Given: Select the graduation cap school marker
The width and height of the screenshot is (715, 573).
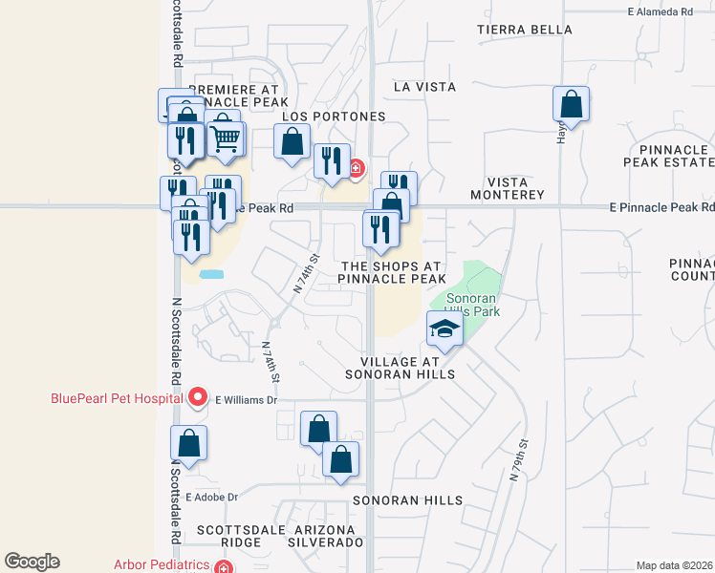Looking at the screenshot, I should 444,331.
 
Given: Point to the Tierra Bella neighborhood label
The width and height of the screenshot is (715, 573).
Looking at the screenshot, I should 525,30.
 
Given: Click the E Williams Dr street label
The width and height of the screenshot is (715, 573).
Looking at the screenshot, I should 246,401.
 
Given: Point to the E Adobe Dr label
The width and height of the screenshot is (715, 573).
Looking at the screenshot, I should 211,497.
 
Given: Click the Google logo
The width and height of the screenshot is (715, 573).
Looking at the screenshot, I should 32,562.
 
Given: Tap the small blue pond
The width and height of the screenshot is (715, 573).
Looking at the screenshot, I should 212,274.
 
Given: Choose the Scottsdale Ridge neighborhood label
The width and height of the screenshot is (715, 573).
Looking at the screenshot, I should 229,535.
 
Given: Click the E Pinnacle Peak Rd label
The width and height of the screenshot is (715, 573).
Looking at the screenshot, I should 662,206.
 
